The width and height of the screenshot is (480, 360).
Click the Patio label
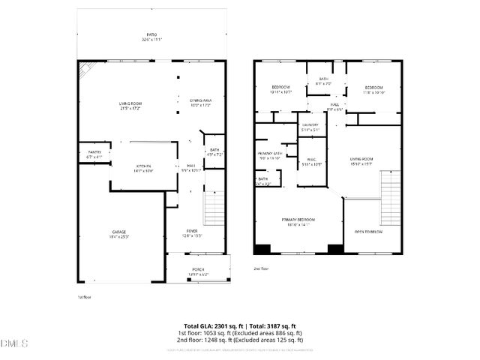151,35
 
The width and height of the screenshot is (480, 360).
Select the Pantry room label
94,154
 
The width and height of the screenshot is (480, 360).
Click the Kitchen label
143,167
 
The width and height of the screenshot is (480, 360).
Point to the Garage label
120,233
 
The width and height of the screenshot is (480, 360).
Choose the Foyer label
193,232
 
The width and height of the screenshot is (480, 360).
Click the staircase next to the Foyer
214,205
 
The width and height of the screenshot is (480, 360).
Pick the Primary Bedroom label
298,220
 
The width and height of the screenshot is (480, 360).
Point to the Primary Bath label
269,155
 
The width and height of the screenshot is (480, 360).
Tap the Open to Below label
368,231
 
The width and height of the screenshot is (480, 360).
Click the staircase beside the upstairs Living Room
391,198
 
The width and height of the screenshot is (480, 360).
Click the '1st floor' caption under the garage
83,297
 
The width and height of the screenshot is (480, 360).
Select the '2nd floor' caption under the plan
261,268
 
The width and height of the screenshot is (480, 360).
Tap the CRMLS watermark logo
14,344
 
